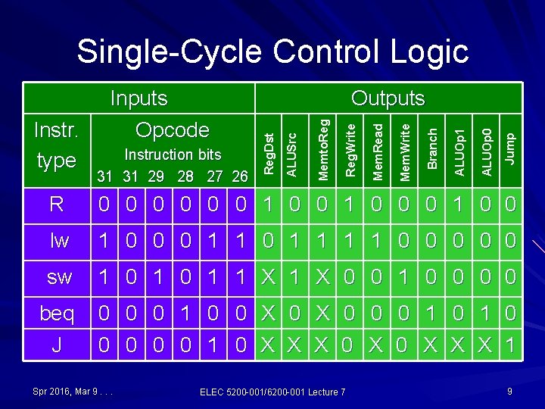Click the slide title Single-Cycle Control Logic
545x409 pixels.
pyautogui.click(x=272, y=52)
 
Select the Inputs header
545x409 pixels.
pyautogui.click(x=139, y=98)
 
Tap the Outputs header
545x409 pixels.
pyautogui.click(x=388, y=98)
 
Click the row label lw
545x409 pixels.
pyautogui.click(x=59, y=241)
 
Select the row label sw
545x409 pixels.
pyautogui.click(x=59, y=276)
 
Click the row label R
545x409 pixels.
pyautogui.click(x=56, y=204)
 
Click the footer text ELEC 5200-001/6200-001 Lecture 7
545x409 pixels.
pyautogui.click(x=272, y=392)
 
